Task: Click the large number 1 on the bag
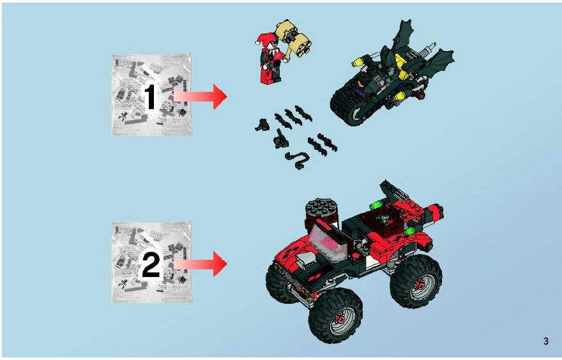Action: coord(150,97)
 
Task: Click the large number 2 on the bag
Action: coord(151,264)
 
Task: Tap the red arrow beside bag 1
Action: coord(201,96)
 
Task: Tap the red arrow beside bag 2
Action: coord(201,264)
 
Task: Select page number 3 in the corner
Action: coord(546,341)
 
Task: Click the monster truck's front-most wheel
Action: coord(335,315)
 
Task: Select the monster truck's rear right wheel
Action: coord(416,281)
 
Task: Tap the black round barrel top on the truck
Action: coord(321,206)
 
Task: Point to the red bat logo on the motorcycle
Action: coord(361,84)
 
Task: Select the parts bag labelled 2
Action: coord(151,262)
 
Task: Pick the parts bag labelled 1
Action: coord(151,95)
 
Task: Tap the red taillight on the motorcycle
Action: coord(423,95)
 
